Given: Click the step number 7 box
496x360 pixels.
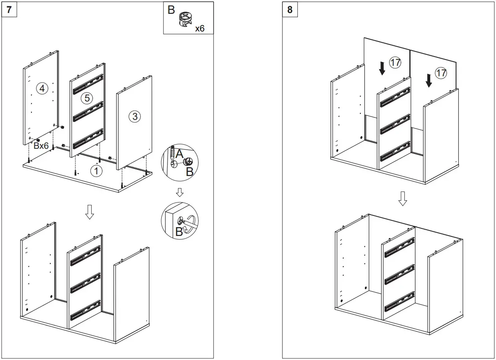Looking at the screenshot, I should tap(9, 9).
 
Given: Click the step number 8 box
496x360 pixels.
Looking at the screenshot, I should tap(290, 9).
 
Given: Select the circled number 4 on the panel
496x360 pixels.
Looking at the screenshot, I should tap(42, 88).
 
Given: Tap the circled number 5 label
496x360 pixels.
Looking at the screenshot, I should tap(86, 98).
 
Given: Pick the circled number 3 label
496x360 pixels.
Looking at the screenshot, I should tap(134, 117).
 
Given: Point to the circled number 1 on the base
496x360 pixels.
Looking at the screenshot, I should tap(96, 171).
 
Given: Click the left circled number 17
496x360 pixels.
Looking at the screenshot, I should tap(395, 62).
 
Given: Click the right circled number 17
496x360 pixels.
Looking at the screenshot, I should tap(441, 73).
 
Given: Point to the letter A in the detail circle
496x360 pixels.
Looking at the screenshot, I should tap(179, 154).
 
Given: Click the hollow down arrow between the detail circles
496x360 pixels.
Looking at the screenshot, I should tap(180, 192).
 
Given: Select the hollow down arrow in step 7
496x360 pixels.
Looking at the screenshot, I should tap(89, 213).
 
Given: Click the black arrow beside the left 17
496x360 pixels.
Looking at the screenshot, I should tap(382, 68).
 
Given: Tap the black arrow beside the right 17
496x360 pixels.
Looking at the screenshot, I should tap(428, 80).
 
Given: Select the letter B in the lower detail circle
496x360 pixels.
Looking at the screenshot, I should tap(179, 232).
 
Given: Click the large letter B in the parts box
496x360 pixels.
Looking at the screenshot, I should tap(171, 10).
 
